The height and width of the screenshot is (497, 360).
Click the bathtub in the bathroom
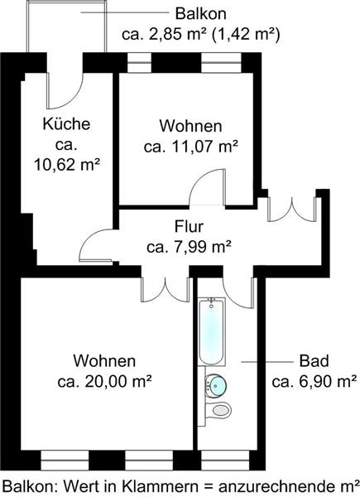click(x=211, y=332)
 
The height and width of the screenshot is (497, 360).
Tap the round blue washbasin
click(x=216, y=385)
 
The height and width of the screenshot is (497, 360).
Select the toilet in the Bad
click(x=218, y=411)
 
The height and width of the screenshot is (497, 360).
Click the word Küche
click(x=66, y=123)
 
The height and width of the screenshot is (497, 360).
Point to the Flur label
click(x=189, y=227)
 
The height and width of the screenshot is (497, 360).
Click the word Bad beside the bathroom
click(x=314, y=361)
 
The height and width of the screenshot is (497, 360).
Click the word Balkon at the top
click(x=201, y=14)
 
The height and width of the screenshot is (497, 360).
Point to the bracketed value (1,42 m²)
click(x=246, y=34)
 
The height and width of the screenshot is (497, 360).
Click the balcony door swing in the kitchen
click(x=65, y=90)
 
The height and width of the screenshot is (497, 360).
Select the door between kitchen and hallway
click(x=96, y=245)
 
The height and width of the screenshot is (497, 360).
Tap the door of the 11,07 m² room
click(x=208, y=187)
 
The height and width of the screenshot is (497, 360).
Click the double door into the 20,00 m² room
click(x=166, y=289)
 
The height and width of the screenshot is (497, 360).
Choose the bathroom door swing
click(x=238, y=292)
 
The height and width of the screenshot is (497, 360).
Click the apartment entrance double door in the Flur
click(x=292, y=209)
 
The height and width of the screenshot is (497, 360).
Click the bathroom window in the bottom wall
click(x=225, y=461)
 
